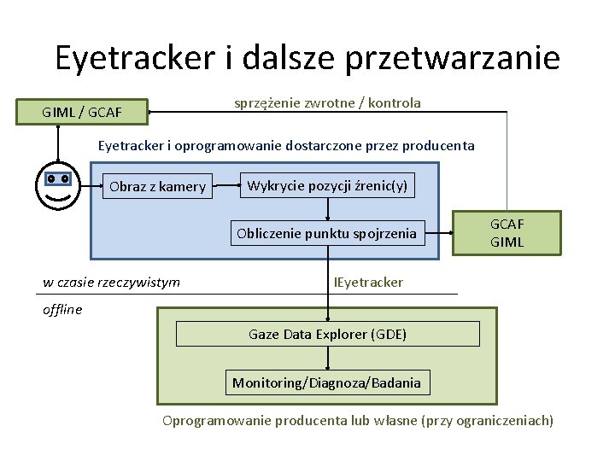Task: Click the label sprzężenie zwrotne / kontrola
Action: coord(327,102)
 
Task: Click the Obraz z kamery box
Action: coord(158,186)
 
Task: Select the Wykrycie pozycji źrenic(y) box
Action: coord(327,185)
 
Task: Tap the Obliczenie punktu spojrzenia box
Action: coord(327,232)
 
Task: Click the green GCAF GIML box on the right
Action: coord(507,233)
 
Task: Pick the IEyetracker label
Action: coord(368,282)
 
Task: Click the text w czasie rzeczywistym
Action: coord(112,282)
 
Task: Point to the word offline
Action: coord(62,309)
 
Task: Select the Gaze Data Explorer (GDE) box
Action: coord(327,334)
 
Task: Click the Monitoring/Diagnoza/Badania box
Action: coord(327,382)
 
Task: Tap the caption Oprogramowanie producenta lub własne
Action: coord(358,420)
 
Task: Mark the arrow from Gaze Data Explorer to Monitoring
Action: coord(327,359)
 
